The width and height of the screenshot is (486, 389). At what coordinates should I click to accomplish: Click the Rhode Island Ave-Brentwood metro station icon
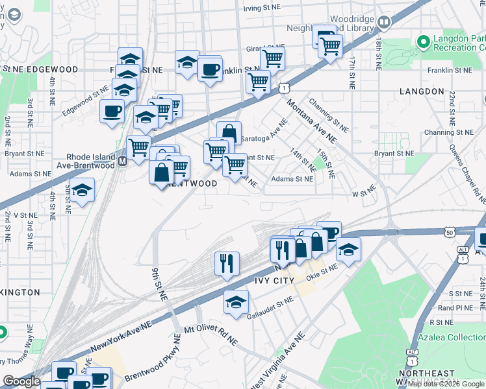click(x=122, y=161)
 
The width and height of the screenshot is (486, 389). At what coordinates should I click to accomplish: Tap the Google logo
click(x=21, y=381)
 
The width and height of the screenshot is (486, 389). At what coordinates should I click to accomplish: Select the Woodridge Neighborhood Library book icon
click(x=384, y=24)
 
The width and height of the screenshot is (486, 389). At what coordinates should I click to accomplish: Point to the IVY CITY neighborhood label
click(x=274, y=280)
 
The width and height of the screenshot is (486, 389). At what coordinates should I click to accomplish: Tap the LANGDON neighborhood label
click(x=422, y=91)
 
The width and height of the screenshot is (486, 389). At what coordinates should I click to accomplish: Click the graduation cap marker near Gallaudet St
click(x=235, y=301)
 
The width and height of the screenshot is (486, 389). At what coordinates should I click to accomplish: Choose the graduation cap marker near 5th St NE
click(x=83, y=191)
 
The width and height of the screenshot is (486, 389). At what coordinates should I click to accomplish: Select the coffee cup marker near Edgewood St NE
click(x=112, y=111)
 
